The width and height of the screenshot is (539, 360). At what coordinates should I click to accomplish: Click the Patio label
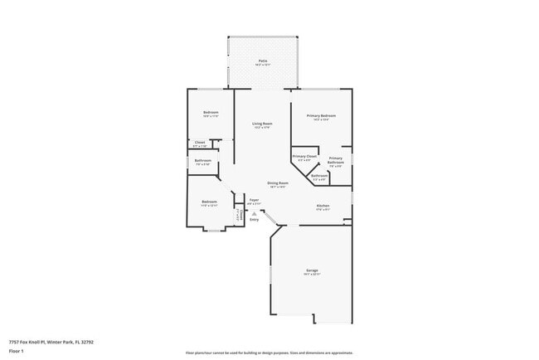pyautogui.click(x=262, y=61)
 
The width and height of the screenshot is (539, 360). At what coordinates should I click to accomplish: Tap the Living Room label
pyautogui.click(x=262, y=124)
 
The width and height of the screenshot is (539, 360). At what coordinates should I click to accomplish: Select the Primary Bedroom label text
pyautogui.click(x=321, y=116)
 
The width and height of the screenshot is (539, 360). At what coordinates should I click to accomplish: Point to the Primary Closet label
pyautogui.click(x=304, y=156)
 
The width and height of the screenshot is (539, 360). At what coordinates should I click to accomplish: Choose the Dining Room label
pyautogui.click(x=278, y=182)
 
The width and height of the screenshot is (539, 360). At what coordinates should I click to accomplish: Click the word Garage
pyautogui.click(x=312, y=270)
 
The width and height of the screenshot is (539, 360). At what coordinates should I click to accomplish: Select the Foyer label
pyautogui.click(x=255, y=200)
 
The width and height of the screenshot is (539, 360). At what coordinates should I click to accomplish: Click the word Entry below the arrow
pyautogui.click(x=255, y=220)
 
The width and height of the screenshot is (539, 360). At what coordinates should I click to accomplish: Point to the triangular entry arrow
pyautogui.click(x=255, y=213)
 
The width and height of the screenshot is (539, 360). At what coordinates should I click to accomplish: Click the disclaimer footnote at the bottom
pyautogui.click(x=269, y=352)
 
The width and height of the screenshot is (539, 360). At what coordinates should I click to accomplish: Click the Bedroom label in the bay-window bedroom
pyautogui.click(x=209, y=202)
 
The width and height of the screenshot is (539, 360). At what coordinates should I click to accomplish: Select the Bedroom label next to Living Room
pyautogui.click(x=211, y=113)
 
